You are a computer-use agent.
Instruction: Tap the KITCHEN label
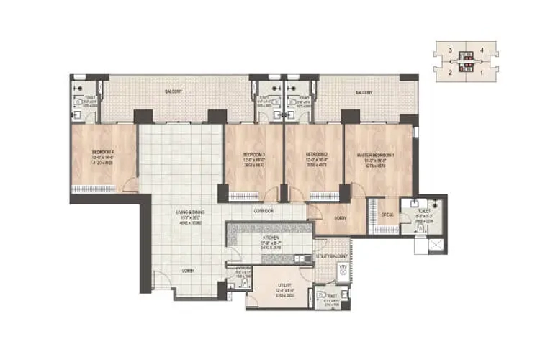[271, 237]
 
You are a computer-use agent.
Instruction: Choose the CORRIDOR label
[263, 211]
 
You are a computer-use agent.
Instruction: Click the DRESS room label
[386, 214]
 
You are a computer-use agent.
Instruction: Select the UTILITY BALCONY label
[332, 256]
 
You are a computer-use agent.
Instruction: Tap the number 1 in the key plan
[492, 72]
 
